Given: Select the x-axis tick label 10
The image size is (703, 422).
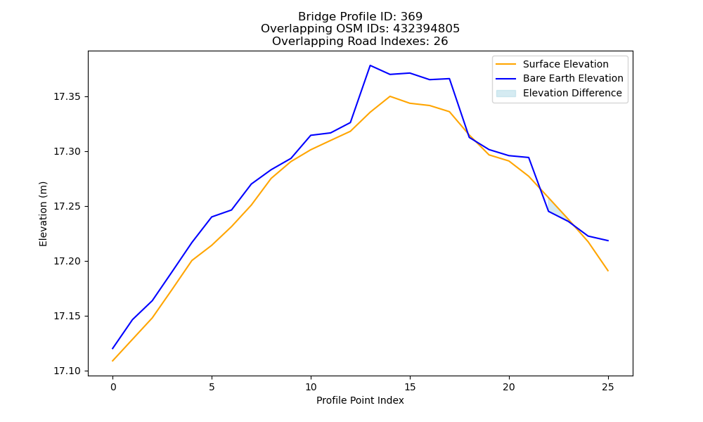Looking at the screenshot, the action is [x=311, y=387].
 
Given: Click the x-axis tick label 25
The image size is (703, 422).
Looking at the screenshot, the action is [x=608, y=387].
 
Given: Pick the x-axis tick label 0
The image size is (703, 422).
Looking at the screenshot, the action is [x=113, y=387].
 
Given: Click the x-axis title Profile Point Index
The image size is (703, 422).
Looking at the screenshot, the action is [x=360, y=400].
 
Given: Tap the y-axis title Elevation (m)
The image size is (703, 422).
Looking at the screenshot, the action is [x=43, y=214].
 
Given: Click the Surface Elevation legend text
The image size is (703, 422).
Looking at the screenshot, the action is [x=565, y=64].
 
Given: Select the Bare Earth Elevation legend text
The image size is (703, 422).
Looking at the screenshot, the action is [x=573, y=79].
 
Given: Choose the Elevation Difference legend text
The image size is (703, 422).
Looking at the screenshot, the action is [x=572, y=93].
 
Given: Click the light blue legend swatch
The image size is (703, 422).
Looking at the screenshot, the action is [x=505, y=94].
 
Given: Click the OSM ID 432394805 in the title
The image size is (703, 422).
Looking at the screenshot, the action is [x=427, y=29].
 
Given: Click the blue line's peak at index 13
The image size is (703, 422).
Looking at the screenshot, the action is [x=370, y=65].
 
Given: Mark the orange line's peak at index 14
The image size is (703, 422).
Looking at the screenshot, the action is [x=390, y=96].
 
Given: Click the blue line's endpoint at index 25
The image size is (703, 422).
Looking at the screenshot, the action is [x=608, y=241].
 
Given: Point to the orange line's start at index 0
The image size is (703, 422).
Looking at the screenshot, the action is [x=112, y=361].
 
